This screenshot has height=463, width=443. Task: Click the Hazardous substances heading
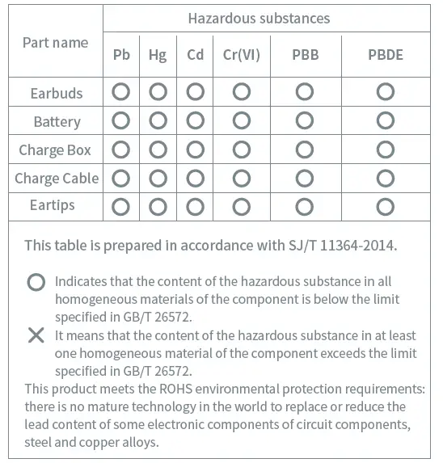click(259, 18)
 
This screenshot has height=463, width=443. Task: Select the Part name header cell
click(55, 42)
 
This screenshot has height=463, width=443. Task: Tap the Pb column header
click(121, 55)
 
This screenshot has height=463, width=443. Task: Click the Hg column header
click(158, 55)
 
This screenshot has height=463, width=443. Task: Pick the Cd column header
click(195, 55)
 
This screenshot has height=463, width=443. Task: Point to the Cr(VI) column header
click(241, 55)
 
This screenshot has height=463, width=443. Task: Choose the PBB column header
click(305, 55)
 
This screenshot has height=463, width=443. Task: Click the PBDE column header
click(385, 55)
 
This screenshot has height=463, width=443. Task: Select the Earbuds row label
click(57, 93)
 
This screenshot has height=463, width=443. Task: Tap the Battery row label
click(57, 122)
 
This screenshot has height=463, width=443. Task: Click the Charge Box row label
click(55, 149)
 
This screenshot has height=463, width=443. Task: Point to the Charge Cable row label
click(57, 178)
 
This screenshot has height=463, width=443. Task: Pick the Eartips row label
click(52, 205)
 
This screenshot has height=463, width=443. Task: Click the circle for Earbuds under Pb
click(121, 92)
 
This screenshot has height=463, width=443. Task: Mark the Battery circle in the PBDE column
click(385, 121)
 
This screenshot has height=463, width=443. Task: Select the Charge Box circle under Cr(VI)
click(241, 149)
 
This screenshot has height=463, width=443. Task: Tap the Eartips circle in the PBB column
click(305, 206)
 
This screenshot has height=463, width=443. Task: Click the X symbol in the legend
click(36, 335)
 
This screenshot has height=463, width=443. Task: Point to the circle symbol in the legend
click(36, 282)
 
